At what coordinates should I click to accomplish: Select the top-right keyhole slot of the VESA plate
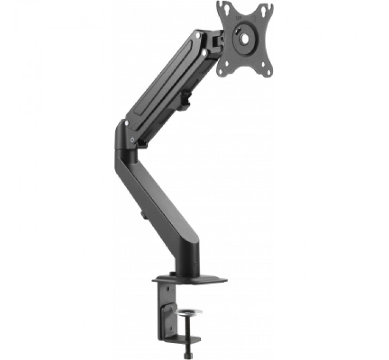[265, 10]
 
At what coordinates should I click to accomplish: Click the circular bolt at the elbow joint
[132, 139]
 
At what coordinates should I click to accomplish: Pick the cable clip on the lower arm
[141, 217]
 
